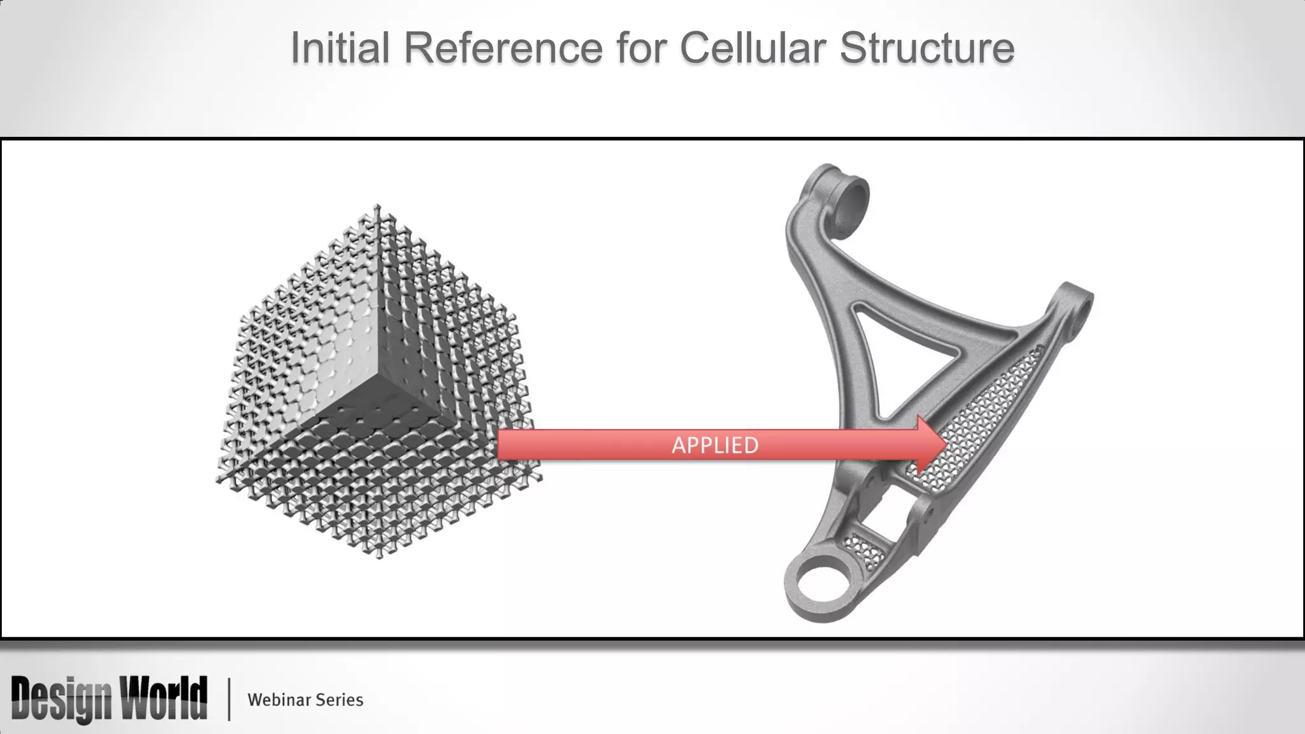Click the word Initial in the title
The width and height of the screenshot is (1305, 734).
point(340,48)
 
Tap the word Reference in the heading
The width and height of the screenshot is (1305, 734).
point(503,48)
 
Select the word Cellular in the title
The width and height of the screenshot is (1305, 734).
point(753,48)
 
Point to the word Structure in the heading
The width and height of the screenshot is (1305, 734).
point(926,48)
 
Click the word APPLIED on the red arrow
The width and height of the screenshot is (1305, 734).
point(715,445)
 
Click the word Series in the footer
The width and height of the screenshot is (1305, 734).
point(340,700)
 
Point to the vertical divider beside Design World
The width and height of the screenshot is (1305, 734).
point(229,699)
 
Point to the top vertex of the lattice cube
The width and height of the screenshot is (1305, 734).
point(378,207)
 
